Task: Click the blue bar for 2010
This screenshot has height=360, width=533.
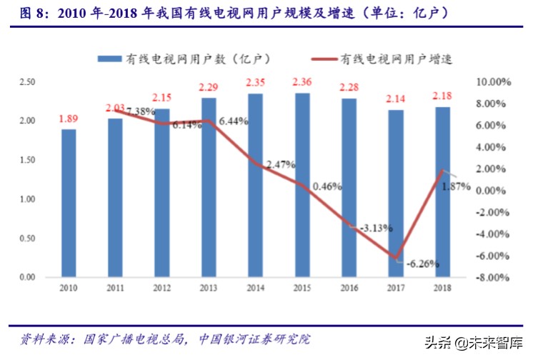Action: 69,203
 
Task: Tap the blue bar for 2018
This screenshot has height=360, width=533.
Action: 442,191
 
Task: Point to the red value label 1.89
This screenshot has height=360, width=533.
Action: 69,118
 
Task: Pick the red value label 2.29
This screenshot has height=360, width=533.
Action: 209,87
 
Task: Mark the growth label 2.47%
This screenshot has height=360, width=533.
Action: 281,164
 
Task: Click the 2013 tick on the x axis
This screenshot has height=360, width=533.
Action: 209,286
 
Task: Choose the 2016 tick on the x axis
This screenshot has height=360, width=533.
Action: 349,286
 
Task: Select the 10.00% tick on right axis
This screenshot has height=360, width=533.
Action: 493,83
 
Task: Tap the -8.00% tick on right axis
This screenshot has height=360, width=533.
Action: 493,278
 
